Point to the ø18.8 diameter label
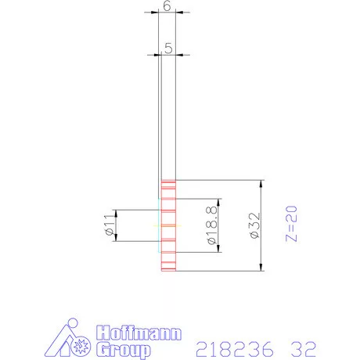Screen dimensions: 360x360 [x=211, y=225]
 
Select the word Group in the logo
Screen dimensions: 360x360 [x=123, y=347]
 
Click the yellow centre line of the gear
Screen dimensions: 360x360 [x=168, y=226]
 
